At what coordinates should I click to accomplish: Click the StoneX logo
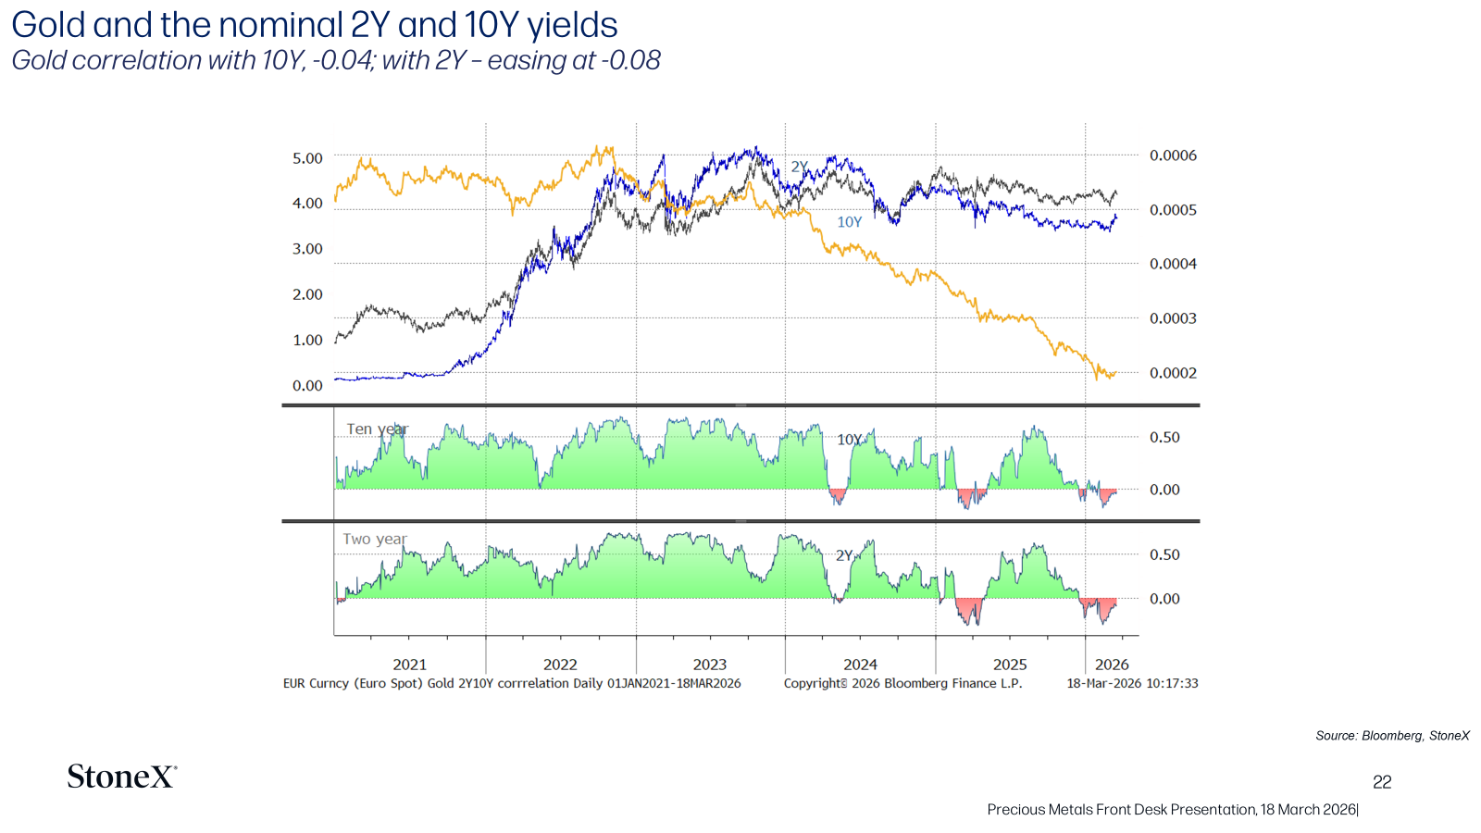(x=121, y=777)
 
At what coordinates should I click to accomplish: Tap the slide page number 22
(x=1382, y=782)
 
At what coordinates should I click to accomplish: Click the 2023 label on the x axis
(x=709, y=665)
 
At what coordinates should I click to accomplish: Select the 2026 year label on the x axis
(x=1112, y=665)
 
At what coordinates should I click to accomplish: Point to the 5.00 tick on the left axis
(x=307, y=158)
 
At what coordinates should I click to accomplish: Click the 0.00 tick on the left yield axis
(x=307, y=385)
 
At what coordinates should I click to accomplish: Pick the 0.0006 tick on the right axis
(x=1173, y=155)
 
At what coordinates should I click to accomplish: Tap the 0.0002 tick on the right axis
(x=1173, y=373)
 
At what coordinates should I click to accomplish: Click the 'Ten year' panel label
(x=378, y=429)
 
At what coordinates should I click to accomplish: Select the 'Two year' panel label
(x=375, y=539)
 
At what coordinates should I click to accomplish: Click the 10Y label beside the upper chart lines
(x=850, y=222)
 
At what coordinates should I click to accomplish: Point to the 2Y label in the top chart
(x=800, y=167)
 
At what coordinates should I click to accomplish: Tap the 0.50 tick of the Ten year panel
(x=1164, y=437)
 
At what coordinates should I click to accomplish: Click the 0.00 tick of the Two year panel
(x=1164, y=599)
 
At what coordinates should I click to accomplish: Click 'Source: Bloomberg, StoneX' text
(x=1392, y=736)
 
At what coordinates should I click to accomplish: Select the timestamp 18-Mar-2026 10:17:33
(x=1132, y=684)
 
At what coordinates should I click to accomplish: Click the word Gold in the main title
(x=48, y=25)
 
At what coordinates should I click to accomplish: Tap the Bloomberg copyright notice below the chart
(x=903, y=684)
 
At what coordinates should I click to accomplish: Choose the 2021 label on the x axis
(x=409, y=665)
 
